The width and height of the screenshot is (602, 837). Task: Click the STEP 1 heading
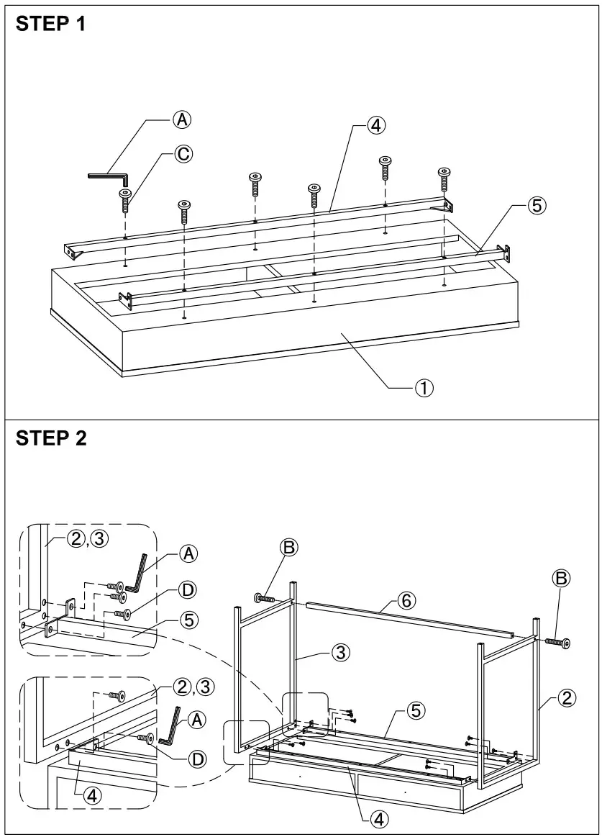tap(50, 24)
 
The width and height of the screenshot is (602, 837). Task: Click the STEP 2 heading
tap(50, 438)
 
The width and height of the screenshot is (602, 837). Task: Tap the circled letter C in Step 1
tap(184, 153)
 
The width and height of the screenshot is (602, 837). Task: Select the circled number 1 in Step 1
tap(423, 388)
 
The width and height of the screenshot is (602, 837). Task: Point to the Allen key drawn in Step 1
tap(108, 176)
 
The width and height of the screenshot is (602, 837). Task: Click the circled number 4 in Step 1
tap(375, 125)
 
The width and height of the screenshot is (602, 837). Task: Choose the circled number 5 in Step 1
tap(536, 205)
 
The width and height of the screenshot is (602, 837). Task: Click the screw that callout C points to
tap(126, 199)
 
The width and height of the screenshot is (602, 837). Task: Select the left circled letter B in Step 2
tap(288, 548)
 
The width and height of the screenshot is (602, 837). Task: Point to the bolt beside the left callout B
tap(264, 597)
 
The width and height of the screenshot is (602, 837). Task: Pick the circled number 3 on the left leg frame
tap(341, 653)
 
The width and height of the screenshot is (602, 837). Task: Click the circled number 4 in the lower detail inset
tap(91, 795)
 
